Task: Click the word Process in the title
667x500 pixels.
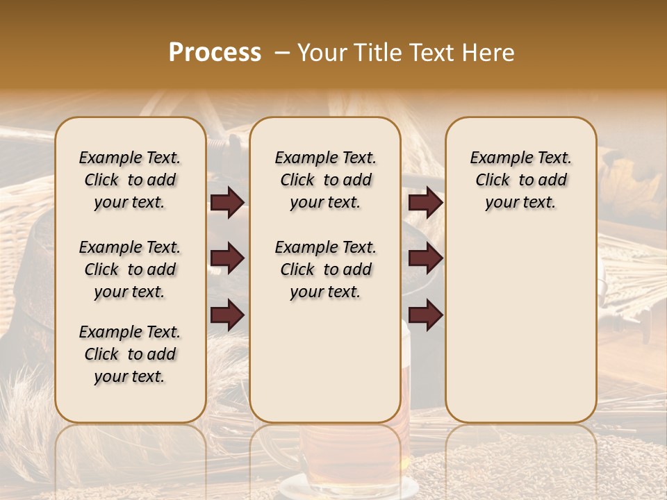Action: click(x=215, y=53)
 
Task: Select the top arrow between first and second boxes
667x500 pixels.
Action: click(x=227, y=202)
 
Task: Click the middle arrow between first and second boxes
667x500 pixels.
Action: click(x=227, y=259)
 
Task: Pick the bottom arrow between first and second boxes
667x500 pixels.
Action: click(x=227, y=315)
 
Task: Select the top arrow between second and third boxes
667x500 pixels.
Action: click(x=425, y=202)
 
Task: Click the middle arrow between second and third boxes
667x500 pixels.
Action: click(x=425, y=259)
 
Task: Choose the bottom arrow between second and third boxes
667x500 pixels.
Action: click(x=425, y=315)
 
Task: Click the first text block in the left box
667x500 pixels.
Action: click(x=130, y=180)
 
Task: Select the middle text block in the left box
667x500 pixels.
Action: click(x=130, y=269)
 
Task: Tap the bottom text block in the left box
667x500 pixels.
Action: click(x=130, y=354)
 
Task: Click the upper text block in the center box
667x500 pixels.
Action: click(x=325, y=180)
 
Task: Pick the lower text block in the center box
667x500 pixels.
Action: click(x=325, y=269)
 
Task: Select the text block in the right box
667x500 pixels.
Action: click(x=520, y=180)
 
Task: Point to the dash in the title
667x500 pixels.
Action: click(x=281, y=53)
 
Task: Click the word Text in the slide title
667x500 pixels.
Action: click(x=431, y=53)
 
